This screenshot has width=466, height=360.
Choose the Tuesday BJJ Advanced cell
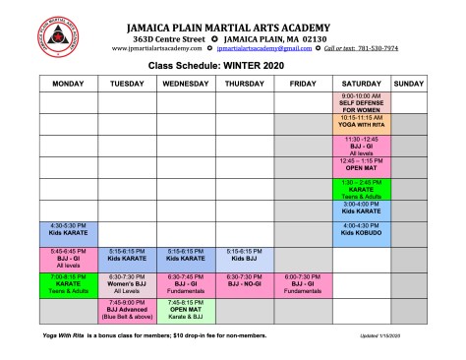coord(127,309)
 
